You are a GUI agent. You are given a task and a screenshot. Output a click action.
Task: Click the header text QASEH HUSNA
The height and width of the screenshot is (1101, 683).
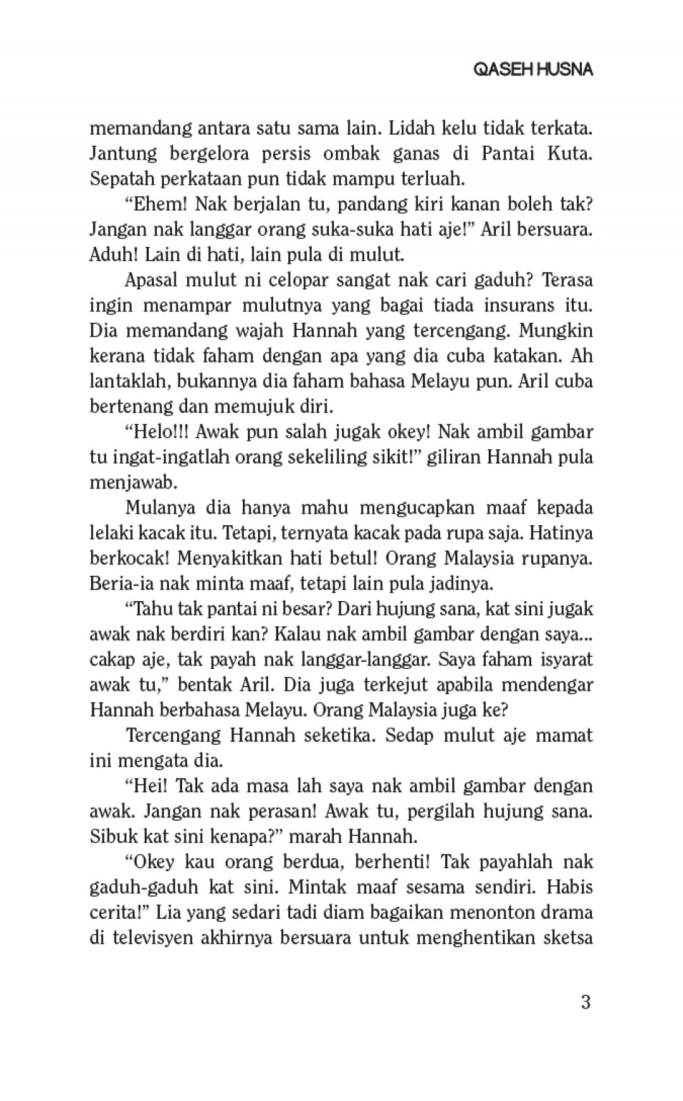(533, 70)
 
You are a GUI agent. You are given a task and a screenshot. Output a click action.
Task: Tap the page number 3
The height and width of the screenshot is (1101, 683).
(585, 1002)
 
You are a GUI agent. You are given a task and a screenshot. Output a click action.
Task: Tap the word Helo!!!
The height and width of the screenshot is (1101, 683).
(156, 432)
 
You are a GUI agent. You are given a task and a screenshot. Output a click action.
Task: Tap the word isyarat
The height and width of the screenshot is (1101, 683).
(567, 660)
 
